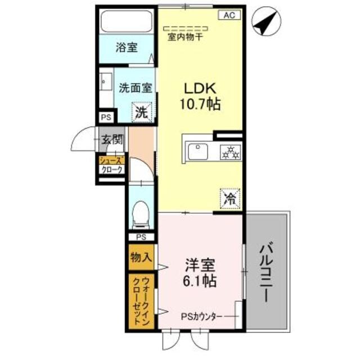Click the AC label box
pyautogui.click(x=229, y=15)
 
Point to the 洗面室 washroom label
pyautogui.click(x=135, y=88)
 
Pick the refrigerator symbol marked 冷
pyautogui.click(x=229, y=197)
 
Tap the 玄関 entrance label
pyautogui.click(x=111, y=139)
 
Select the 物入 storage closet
pyautogui.click(x=141, y=258)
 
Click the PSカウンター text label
pyautogui.click(x=202, y=316)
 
